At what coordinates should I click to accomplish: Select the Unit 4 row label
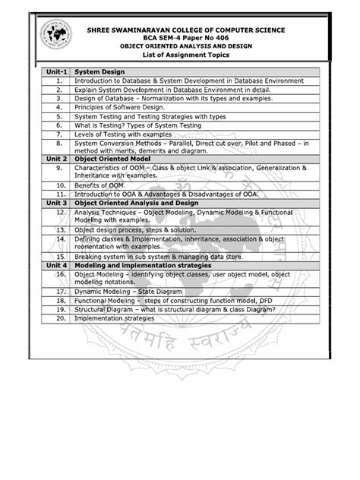(57, 267)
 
